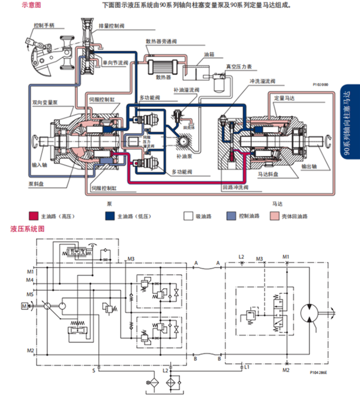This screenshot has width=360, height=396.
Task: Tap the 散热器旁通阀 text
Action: click(161, 41)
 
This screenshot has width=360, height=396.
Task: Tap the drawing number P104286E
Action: click(319, 373)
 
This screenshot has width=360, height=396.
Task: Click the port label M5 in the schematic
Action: click(30, 295)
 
